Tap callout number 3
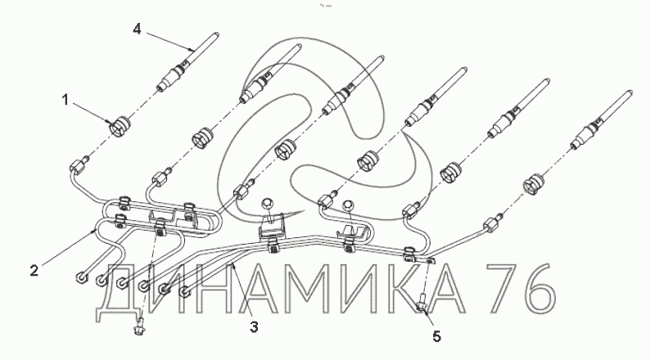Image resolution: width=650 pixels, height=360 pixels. pos(255,327)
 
